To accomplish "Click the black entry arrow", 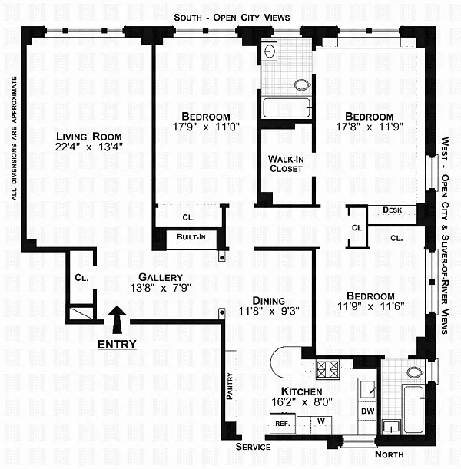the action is [x=117, y=319].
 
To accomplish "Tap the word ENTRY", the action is [x=117, y=345].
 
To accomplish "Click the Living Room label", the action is [x=89, y=137].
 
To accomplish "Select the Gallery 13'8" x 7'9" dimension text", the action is [x=161, y=288].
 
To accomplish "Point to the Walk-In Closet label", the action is [x=286, y=163].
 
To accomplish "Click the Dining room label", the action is [x=269, y=301].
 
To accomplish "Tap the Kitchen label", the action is [x=302, y=391].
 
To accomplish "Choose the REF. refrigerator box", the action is [x=283, y=424].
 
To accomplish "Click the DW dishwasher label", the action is [x=367, y=411].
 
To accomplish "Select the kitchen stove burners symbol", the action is [x=328, y=370].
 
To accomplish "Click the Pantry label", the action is [x=230, y=386].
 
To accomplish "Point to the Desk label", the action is [x=392, y=210].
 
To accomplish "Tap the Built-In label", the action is [x=191, y=237].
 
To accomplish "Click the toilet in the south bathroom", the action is [x=303, y=85].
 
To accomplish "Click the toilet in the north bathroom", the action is [x=415, y=373].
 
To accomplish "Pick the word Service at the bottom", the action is [x=253, y=447].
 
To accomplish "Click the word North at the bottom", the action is [x=389, y=454].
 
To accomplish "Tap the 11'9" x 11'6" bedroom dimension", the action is [x=370, y=306].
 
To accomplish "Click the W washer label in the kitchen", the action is [x=321, y=421].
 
